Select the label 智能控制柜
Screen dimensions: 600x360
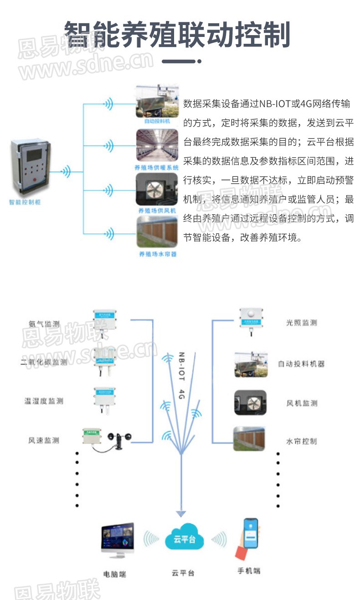25,202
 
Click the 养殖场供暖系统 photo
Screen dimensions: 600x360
157,145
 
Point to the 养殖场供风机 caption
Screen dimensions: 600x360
157,211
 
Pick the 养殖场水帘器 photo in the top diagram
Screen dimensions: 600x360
157,232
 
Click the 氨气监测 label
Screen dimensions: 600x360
44,324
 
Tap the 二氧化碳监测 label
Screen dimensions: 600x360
44,362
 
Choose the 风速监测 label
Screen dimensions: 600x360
44,440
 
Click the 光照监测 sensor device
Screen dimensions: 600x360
250,321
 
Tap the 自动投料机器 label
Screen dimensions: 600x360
301,364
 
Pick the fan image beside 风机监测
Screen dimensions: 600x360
250,403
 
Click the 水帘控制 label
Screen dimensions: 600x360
301,441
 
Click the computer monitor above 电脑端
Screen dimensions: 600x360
118,541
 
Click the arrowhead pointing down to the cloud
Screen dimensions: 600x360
181,513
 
